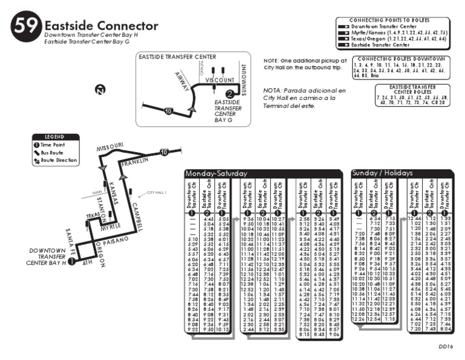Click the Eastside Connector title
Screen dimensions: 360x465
[x=101, y=26]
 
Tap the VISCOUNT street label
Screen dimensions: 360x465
[x=219, y=80]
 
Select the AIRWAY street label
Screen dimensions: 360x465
[x=182, y=81]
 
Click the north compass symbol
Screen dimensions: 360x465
[x=100, y=90]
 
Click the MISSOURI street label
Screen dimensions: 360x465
[x=110, y=147]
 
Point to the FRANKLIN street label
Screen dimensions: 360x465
[x=134, y=164]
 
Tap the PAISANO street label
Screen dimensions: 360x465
[x=116, y=242]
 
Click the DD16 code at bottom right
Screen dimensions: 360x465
[x=446, y=346]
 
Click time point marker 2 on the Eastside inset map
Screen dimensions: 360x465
[x=229, y=93]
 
